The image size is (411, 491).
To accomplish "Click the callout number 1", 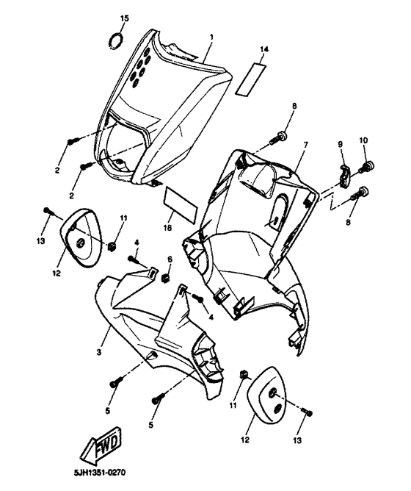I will click(212, 37).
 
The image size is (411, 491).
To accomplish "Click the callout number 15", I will click(124, 17).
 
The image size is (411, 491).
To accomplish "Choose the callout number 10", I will click(363, 140).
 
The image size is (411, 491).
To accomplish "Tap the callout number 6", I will click(169, 259).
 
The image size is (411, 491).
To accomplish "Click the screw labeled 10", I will click(368, 166).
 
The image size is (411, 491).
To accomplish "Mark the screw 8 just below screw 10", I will click(360, 194).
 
